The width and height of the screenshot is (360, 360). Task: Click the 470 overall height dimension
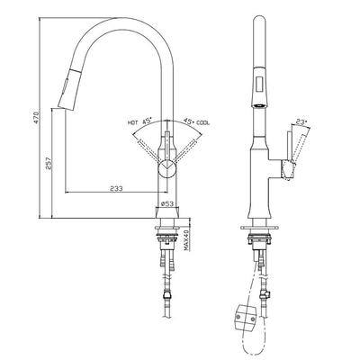pyautogui.click(x=36, y=119)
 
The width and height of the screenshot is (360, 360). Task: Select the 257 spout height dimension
pyautogui.click(x=49, y=163)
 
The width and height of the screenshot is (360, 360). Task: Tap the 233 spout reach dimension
pyautogui.click(x=116, y=188)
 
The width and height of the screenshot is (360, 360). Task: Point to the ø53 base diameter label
pyautogui.click(x=167, y=203)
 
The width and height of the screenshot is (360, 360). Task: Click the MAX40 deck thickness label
pyautogui.click(x=185, y=240)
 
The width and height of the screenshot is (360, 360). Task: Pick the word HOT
pyautogui.click(x=132, y=122)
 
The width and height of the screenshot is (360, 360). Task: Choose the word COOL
pyautogui.click(x=203, y=122)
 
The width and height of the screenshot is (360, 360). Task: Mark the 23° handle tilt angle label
pyautogui.click(x=301, y=122)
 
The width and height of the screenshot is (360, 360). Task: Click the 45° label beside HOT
pyautogui.click(x=147, y=121)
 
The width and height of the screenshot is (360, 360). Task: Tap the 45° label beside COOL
pyautogui.click(x=188, y=121)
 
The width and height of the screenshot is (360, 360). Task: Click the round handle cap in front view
pyautogui.click(x=167, y=168)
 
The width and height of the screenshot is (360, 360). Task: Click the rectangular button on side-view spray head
pyautogui.click(x=259, y=84)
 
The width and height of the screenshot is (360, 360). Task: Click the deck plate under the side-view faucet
pyautogui.click(x=259, y=228)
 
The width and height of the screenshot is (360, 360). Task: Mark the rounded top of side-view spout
pyautogui.click(x=259, y=20)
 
